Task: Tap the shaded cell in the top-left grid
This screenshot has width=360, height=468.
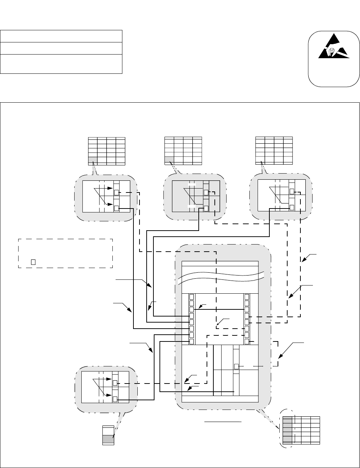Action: (92, 160)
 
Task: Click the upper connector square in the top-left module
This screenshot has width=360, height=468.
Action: (116, 192)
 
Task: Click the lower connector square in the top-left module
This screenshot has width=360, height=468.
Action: (116, 208)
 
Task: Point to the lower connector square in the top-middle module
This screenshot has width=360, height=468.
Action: (206, 208)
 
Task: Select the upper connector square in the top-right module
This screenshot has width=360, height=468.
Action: (292, 191)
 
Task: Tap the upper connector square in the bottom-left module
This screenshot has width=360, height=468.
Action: (115, 383)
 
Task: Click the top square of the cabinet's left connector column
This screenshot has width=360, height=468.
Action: (192, 297)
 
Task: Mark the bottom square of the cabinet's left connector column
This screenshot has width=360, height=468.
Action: (192, 341)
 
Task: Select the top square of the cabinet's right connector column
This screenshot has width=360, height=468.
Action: (247, 297)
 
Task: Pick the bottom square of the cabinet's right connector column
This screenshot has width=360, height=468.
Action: (247, 341)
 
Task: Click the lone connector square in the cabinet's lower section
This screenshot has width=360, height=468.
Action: (236, 366)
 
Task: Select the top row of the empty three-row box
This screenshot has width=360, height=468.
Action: (61, 36)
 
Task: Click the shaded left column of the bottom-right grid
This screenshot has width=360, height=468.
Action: (287, 430)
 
